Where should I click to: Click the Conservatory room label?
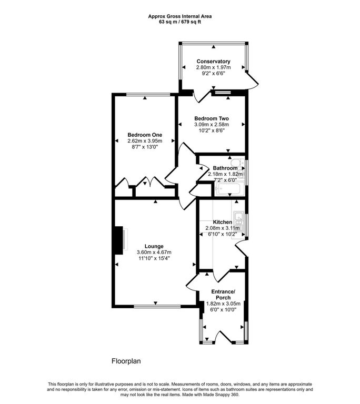tap(213, 62)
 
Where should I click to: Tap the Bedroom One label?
tap(145, 135)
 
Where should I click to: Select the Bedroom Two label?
tap(212, 118)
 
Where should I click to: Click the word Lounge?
tap(154, 246)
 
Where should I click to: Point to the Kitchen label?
tap(222, 222)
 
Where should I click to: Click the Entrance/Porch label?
tap(223, 295)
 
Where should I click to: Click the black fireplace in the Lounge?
tap(119, 240)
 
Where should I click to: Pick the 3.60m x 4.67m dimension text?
tap(154, 252)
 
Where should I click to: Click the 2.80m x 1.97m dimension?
tap(213, 67)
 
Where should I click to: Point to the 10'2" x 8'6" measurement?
tap(212, 130)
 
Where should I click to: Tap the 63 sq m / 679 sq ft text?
tap(180, 22)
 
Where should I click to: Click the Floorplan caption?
tap(126, 361)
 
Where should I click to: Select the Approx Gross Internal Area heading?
tap(180, 16)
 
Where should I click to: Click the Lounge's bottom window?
tap(157, 306)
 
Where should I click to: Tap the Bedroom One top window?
tap(148, 95)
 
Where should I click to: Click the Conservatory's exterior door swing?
tap(253, 80)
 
